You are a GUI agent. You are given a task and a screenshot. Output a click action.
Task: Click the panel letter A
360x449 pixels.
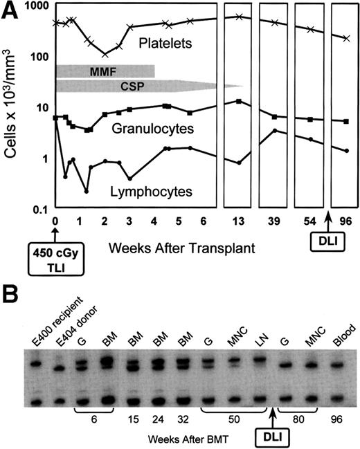pos(13,10)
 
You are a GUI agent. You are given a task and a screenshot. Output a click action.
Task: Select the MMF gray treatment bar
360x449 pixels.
pos(104,71)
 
